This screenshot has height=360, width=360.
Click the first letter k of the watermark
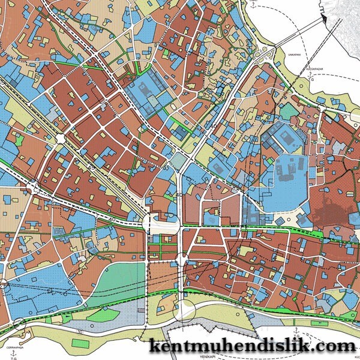coord(154,347)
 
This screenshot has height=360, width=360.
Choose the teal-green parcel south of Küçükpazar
coord(289,110)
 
